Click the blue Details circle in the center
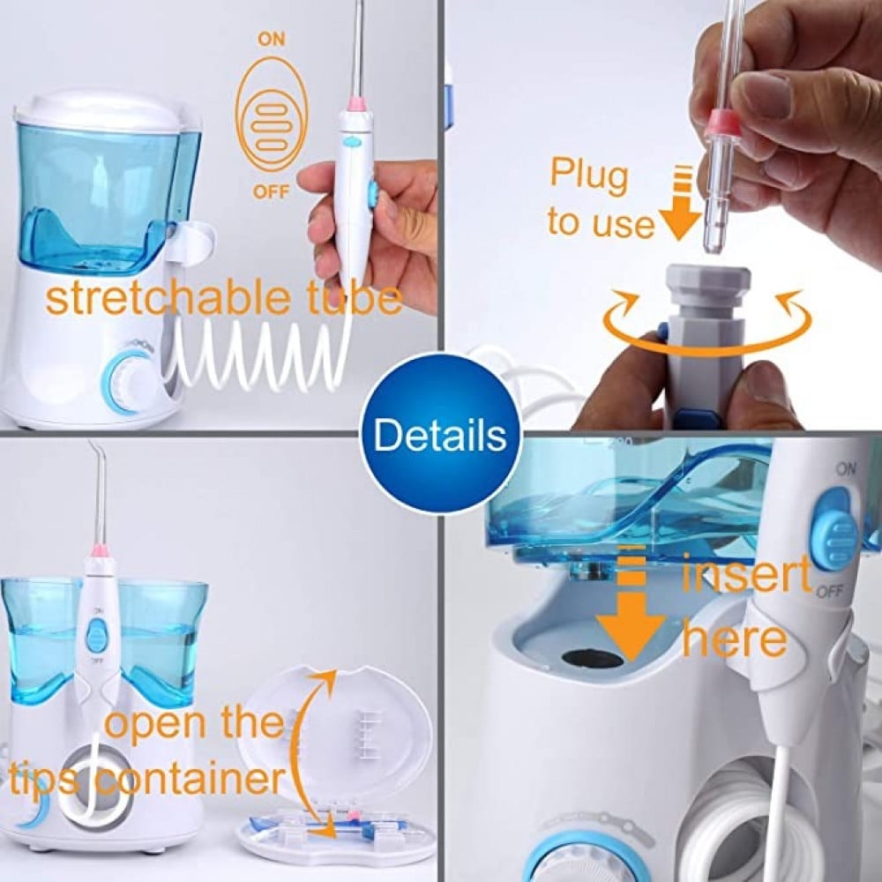click(440, 434)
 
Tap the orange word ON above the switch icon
click(272, 39)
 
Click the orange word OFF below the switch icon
click(271, 191)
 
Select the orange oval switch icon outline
click(271, 116)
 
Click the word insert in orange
click(745, 572)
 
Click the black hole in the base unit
click(593, 658)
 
